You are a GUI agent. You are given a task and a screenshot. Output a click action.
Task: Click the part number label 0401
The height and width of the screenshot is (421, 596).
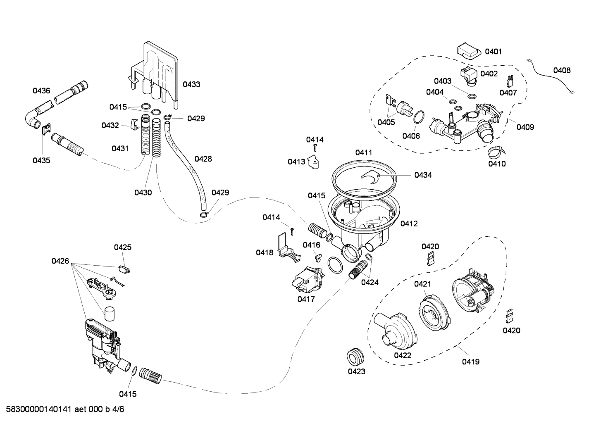pos(493,52)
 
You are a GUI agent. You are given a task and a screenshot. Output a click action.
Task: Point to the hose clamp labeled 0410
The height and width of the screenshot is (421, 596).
pos(495,152)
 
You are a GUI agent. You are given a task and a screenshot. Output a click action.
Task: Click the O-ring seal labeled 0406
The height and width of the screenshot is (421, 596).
pos(419,117)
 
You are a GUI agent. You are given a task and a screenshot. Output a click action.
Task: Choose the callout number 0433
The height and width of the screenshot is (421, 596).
pos(191,84)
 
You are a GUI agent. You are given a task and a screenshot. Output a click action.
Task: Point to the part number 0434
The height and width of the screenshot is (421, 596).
pos(423,175)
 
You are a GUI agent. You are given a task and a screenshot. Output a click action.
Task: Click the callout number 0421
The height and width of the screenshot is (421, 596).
pos(422,284)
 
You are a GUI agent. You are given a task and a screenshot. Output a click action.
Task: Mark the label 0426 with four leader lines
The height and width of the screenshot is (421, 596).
pos(60,261)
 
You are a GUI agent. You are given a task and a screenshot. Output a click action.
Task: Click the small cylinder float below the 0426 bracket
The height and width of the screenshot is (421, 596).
pos(109,314)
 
